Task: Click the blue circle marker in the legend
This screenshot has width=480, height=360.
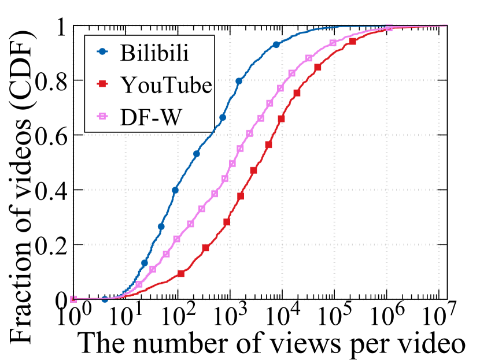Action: coord(102,51)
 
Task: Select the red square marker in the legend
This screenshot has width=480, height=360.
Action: coord(102,84)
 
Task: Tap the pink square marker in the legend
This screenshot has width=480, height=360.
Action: coord(102,116)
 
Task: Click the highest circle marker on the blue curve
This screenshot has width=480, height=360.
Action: coord(276,44)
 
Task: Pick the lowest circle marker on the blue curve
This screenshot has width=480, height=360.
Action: coord(105,299)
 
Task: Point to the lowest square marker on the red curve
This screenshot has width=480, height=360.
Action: coord(181,273)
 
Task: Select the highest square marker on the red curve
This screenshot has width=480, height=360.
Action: coord(353,41)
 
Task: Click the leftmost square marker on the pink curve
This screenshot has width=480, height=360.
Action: coord(73,299)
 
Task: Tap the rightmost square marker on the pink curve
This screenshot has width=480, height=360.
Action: coord(389,28)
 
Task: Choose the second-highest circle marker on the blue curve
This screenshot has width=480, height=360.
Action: coord(239,81)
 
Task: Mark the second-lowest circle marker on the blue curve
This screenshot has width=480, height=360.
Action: coord(145,263)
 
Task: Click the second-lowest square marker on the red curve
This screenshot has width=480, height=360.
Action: coord(205,247)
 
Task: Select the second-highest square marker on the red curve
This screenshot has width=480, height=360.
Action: coord(317,68)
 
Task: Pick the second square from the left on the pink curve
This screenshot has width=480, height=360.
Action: coord(139,284)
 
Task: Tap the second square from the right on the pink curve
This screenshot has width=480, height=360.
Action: coord(333,43)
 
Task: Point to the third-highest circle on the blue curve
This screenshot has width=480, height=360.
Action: coord(223,117)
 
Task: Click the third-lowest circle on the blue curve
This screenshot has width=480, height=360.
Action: coord(161,227)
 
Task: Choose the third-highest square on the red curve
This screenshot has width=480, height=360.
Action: coord(297,93)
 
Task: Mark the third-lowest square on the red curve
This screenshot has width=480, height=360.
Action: coord(227,222)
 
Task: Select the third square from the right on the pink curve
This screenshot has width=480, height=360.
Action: coord(309,58)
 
